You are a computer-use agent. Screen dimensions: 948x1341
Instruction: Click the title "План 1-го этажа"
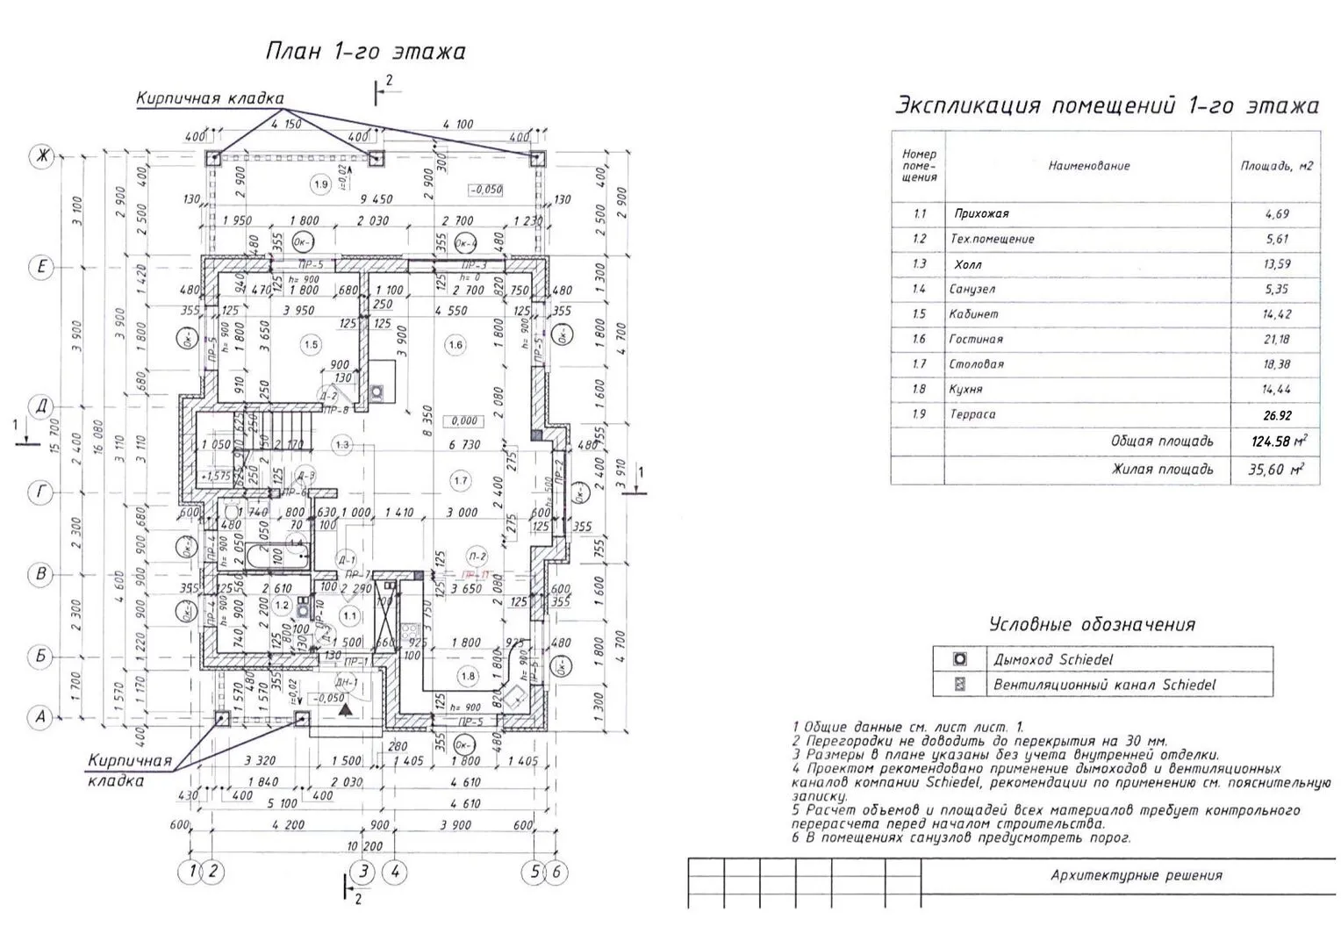tap(365, 52)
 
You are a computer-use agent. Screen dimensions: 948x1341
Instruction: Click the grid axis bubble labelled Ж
tap(41, 157)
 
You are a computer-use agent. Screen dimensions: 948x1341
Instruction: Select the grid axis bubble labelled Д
tap(41, 406)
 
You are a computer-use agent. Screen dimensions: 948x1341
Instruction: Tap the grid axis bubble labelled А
tap(39, 717)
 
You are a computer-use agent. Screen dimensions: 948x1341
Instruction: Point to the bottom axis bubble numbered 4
tap(396, 872)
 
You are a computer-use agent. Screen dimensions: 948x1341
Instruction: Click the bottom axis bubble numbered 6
tap(556, 872)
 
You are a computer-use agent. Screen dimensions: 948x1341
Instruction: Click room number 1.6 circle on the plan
tap(455, 345)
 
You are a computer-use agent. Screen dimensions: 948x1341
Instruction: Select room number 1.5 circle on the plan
tap(311, 345)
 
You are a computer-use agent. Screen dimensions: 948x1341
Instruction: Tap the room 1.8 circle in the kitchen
tap(468, 676)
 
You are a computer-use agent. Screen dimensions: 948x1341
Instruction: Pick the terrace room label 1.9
tap(320, 184)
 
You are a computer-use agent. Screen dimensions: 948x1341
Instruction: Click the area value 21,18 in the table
tap(1277, 339)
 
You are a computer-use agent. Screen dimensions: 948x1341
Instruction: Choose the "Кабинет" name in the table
tap(973, 314)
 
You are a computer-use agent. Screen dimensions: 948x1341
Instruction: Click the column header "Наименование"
tap(1089, 165)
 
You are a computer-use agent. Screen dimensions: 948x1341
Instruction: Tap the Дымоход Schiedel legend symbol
tap(960, 659)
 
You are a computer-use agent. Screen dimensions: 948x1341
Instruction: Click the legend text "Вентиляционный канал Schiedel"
tap(1104, 685)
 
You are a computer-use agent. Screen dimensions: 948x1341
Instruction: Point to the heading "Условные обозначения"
tap(1092, 625)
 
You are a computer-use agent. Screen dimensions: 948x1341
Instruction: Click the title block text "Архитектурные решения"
tap(1136, 875)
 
